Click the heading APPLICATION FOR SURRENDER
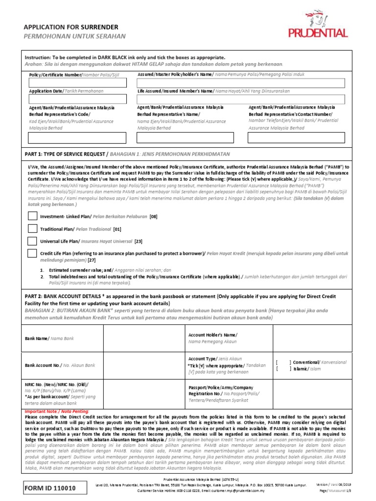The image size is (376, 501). pos(71,27)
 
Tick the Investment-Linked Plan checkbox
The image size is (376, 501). pos(32,216)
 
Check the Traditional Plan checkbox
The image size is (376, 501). pos(32,228)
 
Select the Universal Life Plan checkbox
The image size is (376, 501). pos(32,241)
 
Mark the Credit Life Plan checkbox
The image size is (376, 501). pos(32,253)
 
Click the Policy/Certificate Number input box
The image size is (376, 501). pos(77,83)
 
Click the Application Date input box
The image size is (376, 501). pos(77,99)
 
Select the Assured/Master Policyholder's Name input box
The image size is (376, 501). pos(241,83)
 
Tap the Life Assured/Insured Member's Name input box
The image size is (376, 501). pos(241,99)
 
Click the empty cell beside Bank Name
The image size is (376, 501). pos(142,339)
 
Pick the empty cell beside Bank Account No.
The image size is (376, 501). pos(142,365)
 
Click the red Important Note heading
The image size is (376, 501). pos(48,412)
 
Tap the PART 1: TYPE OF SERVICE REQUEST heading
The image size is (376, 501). pos(66,154)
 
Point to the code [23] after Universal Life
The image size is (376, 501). pos(138,241)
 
